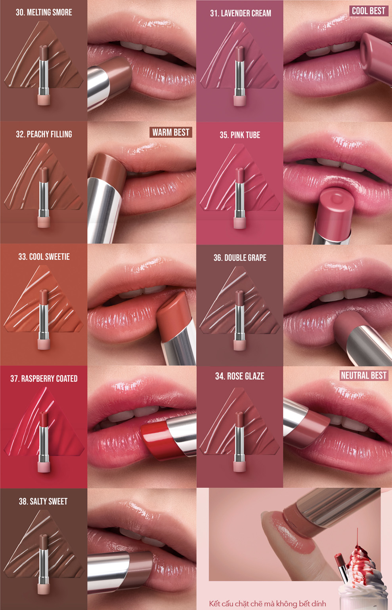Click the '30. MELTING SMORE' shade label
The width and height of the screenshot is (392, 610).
[44, 12]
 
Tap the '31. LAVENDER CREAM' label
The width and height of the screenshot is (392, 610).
[240, 13]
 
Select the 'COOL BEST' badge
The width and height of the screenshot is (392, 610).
[368, 11]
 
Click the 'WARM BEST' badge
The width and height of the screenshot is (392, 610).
[171, 132]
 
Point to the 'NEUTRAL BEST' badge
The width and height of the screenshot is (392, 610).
[363, 375]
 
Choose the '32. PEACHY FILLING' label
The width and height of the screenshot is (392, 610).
[44, 134]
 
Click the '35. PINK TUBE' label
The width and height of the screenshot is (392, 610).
[240, 135]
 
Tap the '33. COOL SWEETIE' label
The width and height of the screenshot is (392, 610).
[44, 257]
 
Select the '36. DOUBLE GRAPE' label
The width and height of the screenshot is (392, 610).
[240, 258]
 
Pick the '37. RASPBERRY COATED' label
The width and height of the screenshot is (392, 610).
[44, 379]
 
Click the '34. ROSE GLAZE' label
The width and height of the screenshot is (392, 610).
[239, 376]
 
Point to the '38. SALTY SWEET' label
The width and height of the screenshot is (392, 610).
[43, 501]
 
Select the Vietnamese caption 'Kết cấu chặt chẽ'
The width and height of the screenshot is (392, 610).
[268, 603]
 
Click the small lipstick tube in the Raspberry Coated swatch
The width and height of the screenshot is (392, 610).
[44, 439]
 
